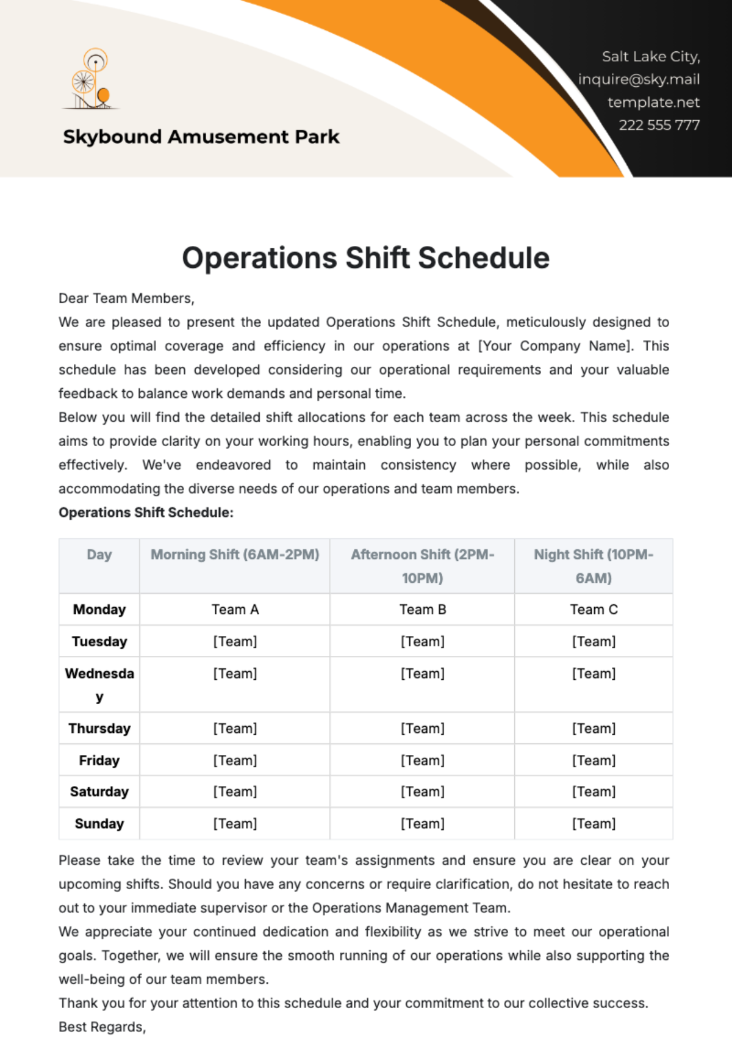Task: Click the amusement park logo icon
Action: pyautogui.click(x=91, y=79)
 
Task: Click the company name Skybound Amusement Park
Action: pyautogui.click(x=201, y=137)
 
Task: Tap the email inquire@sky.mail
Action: pyautogui.click(x=639, y=79)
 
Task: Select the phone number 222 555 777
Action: pyautogui.click(x=659, y=125)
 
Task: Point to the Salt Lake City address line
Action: pyautogui.click(x=650, y=57)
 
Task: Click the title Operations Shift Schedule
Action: pyautogui.click(x=365, y=258)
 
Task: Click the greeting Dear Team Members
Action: pyautogui.click(x=126, y=298)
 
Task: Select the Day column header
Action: pyautogui.click(x=99, y=555)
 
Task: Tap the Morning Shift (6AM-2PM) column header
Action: pyautogui.click(x=235, y=555)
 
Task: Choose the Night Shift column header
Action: pyautogui.click(x=594, y=566)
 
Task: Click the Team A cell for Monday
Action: pyautogui.click(x=235, y=610)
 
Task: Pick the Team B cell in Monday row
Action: pyautogui.click(x=423, y=610)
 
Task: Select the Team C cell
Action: pyautogui.click(x=594, y=610)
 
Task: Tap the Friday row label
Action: pyautogui.click(x=99, y=760)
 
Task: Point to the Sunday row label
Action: pyautogui.click(x=99, y=824)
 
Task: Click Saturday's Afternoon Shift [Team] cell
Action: pyautogui.click(x=423, y=792)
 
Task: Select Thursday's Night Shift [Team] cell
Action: pyautogui.click(x=594, y=729)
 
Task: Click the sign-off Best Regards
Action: pyautogui.click(x=102, y=1027)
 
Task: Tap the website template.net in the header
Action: pyautogui.click(x=653, y=103)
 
